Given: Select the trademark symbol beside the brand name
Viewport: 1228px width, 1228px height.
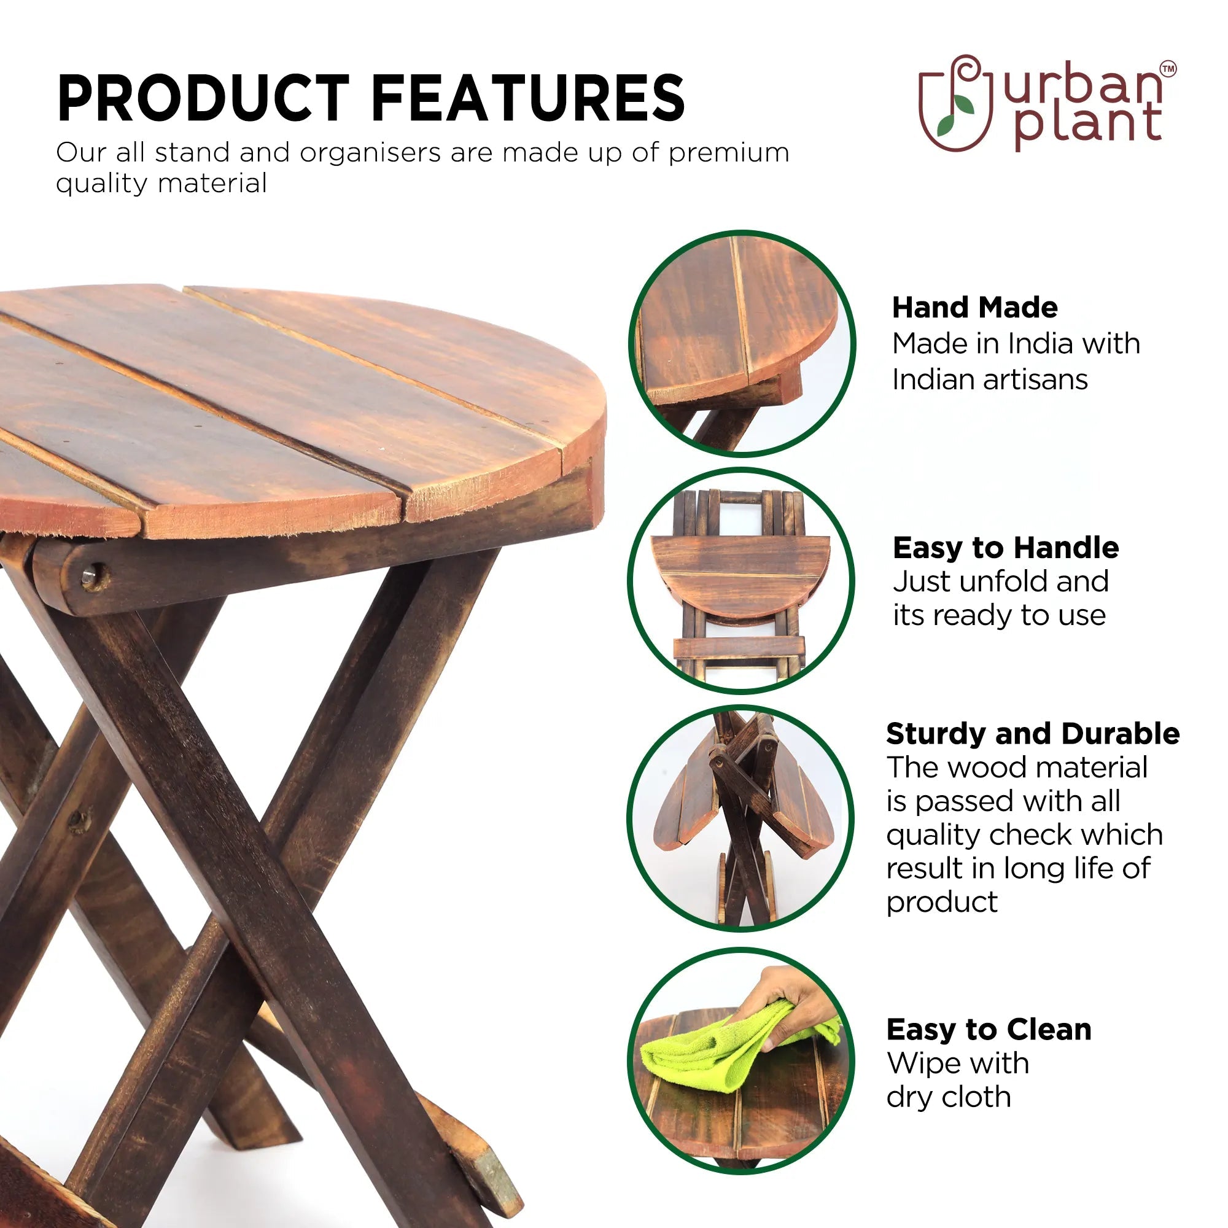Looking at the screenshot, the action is (x=1168, y=69).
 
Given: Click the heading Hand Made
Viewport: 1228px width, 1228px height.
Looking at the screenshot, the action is (x=975, y=308).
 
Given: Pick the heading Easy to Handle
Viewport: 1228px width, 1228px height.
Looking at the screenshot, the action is (x=1006, y=547).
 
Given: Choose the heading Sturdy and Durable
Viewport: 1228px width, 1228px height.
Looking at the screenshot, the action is (x=1033, y=734).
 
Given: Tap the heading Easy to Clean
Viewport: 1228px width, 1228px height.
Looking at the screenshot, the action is (x=989, y=1029).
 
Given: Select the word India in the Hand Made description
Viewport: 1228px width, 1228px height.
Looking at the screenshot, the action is (x=1043, y=344).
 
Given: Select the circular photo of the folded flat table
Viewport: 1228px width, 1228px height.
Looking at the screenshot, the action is (x=742, y=580).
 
